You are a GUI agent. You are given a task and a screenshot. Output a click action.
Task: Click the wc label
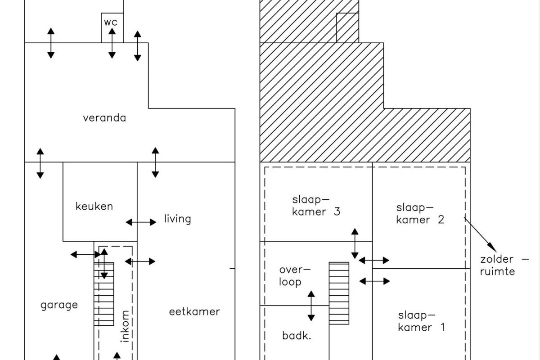111,22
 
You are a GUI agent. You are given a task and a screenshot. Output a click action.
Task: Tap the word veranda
104,118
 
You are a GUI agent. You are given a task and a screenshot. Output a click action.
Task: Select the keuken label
94,207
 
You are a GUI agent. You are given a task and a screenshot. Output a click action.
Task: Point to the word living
177,219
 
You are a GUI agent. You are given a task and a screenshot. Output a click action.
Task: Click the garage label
59,305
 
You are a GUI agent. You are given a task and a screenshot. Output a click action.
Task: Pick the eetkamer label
194,312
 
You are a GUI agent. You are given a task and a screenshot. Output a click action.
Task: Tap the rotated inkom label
125,326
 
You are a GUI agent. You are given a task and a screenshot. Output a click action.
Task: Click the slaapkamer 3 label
316,206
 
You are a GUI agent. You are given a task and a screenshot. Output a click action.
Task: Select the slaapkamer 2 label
420,214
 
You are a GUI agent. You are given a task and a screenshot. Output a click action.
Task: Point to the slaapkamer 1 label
421,321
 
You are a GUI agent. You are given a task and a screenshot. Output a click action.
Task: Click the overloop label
295,276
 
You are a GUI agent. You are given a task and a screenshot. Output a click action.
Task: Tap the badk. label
297,336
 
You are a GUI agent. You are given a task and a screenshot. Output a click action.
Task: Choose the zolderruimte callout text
504,265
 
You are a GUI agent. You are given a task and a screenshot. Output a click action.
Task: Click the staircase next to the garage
104,294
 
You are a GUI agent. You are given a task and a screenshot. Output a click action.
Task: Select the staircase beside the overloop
339,293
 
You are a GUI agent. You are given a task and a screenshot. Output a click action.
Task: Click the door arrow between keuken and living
141,222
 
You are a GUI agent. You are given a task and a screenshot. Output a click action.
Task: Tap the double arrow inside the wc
112,43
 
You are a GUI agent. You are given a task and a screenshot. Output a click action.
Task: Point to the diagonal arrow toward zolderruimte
481,234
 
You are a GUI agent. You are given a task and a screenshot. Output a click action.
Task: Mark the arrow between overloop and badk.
311,306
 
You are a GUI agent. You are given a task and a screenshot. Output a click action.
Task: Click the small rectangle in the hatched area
347,28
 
